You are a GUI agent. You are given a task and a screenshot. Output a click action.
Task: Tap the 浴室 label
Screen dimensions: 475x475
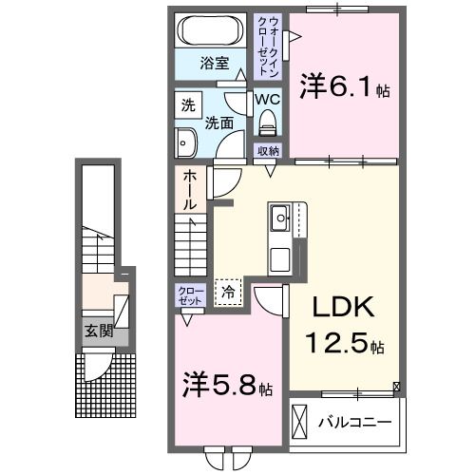pos(214,64)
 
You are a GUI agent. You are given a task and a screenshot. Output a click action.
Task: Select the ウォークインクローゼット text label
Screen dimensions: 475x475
pos(269,45)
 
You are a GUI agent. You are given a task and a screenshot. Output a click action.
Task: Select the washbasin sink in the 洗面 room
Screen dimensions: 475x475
pos(184,143)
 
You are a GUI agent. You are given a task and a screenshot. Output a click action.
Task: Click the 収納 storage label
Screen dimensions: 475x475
pos(267,150)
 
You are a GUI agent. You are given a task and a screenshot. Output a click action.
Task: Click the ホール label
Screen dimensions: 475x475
pos(190,190)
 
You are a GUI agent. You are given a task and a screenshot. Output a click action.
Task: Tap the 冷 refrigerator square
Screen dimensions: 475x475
pos(228,293)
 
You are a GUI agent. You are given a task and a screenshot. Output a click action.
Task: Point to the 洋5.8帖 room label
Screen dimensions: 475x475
pos(227,388)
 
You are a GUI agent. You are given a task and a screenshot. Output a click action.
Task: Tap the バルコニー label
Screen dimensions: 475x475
pos(355,421)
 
